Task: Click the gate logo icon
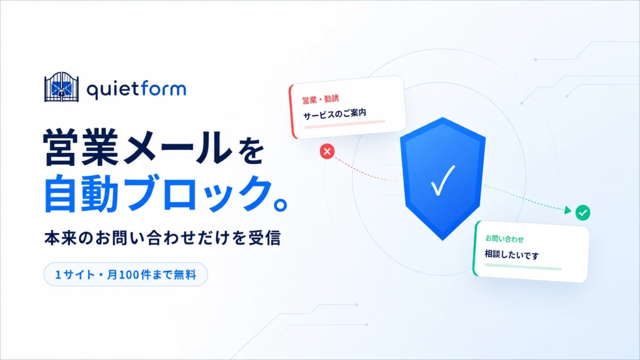point(61,87)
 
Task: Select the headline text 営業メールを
point(154,147)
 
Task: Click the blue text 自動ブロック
point(158,194)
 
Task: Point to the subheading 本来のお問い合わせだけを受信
point(162,238)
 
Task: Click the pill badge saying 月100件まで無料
point(126,275)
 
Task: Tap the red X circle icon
point(327,151)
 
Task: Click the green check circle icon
point(583,213)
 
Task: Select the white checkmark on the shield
point(443,181)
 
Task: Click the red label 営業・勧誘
point(321,99)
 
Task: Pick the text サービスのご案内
point(334,114)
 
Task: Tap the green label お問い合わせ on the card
point(505,239)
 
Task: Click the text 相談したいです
point(511,254)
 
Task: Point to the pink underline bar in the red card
point(345,124)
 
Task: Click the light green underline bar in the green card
point(523,267)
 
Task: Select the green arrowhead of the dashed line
point(567,211)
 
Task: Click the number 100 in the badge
point(129,275)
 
